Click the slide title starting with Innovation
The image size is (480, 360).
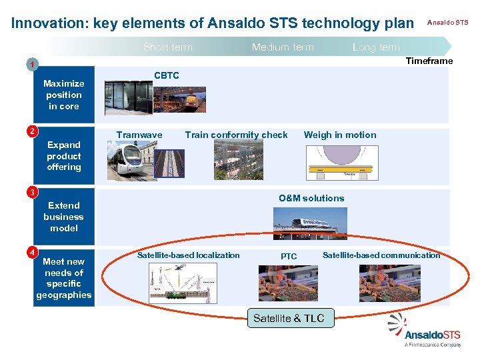point(213,23)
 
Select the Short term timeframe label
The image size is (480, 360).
point(167,47)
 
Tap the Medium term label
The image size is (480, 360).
point(282,47)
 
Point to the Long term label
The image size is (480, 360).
point(376,47)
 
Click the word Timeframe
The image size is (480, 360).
point(429,61)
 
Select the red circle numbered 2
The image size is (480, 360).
point(31,129)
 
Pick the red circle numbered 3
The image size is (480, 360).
point(31,193)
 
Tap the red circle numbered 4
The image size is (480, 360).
point(31,252)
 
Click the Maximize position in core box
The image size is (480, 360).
point(64,94)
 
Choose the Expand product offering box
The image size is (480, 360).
point(64,155)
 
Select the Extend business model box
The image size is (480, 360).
point(64,217)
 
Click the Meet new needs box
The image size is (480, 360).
point(64,278)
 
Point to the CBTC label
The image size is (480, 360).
point(167,75)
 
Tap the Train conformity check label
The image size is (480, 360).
point(236,135)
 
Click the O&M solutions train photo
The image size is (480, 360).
point(309,223)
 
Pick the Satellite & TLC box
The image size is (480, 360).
point(289,318)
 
